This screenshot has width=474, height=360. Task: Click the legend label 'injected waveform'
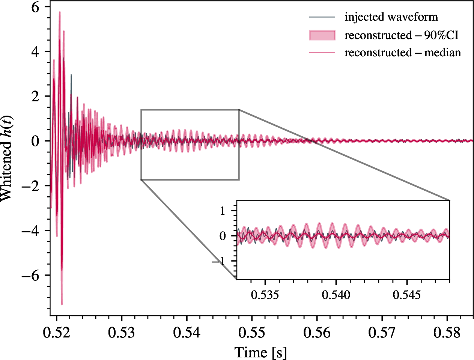(x=391, y=17)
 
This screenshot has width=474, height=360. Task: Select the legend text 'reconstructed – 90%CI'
(x=402, y=35)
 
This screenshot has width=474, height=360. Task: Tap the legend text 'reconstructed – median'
(x=403, y=53)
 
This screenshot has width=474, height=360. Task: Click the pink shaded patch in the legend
(x=322, y=35)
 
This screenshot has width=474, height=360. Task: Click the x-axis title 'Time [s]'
(x=260, y=352)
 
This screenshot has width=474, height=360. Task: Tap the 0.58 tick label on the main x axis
(x=447, y=333)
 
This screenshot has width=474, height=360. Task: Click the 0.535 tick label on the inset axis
(x=265, y=295)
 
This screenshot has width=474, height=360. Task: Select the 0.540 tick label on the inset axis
(x=336, y=295)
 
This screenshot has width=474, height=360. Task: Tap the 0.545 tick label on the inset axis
(x=407, y=295)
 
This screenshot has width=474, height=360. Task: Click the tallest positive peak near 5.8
(x=60, y=12)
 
